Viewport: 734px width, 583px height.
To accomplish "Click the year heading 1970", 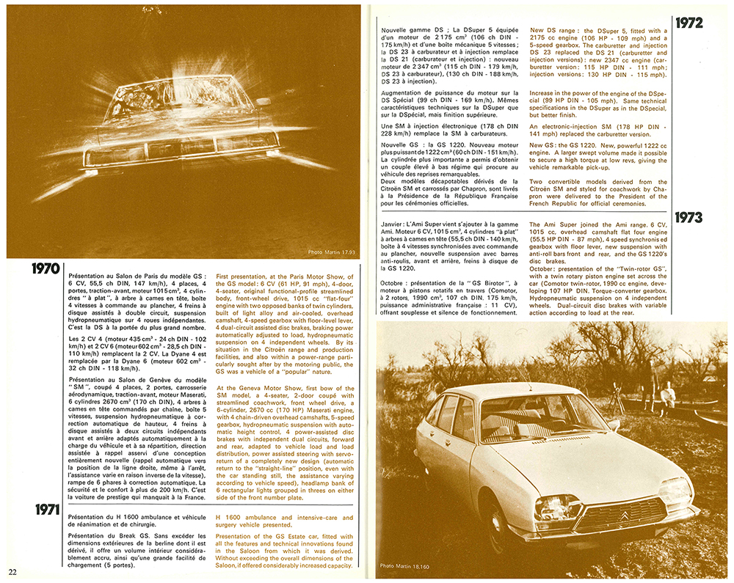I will [x=45, y=268].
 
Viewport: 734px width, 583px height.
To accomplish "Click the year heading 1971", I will [x=45, y=510].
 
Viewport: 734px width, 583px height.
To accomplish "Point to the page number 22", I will [x=12, y=571].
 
